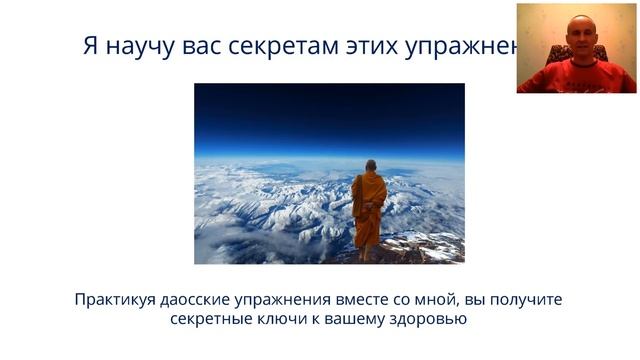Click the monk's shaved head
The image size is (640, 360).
(x=370, y=165)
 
